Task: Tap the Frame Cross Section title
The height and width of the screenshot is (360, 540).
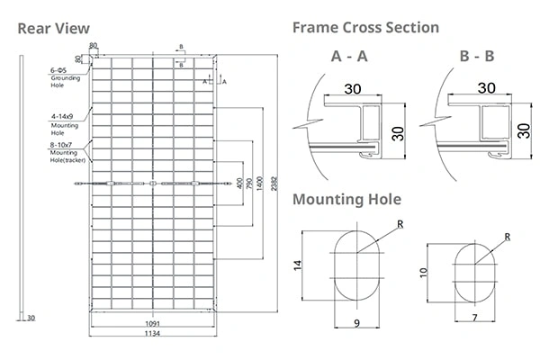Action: (365, 28)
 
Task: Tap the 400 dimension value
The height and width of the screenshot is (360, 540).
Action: (239, 185)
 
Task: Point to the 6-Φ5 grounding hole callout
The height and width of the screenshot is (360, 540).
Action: (61, 70)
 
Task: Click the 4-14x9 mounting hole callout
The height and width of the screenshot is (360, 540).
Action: (64, 115)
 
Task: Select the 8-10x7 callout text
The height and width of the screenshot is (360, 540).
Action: (64, 145)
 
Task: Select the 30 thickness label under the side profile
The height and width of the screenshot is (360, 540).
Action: (31, 318)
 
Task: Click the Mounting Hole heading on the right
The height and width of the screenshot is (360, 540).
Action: (346, 199)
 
